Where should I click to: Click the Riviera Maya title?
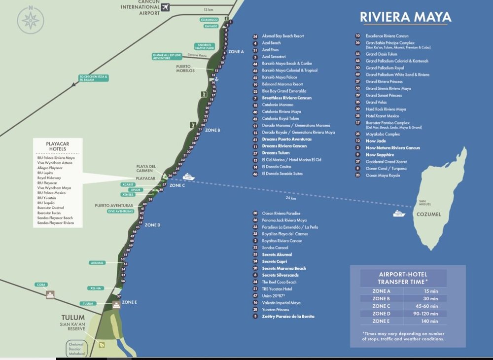pos(405,17)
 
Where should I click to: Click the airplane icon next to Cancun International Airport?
pos(165,7)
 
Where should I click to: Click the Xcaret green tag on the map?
pos(128,184)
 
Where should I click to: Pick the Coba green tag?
pos(40,285)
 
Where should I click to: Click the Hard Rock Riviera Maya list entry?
pos(386,109)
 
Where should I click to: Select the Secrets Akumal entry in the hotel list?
pos(277,254)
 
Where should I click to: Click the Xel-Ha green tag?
pos(97,288)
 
